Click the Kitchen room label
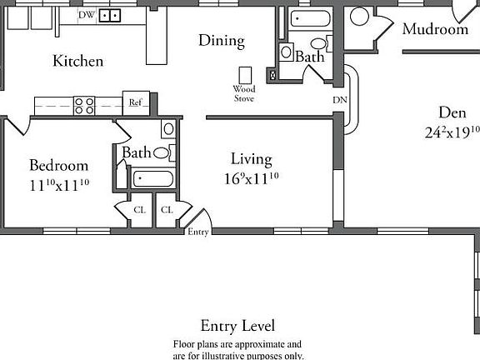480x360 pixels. pos(77,61)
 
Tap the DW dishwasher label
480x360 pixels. pos(87,15)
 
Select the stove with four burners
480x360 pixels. pos(84,105)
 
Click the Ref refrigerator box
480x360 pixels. pos(135,102)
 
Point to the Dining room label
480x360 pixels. pos(221,40)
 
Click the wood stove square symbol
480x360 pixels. pos(245,74)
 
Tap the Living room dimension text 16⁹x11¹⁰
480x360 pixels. pos(251,177)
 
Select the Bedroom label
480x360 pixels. pos(58,165)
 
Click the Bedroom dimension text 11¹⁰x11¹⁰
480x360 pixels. pos(58,185)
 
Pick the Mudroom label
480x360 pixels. pos(435,29)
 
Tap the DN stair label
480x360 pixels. pos(339,100)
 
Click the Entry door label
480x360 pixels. pos(198,232)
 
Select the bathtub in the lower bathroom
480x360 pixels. pos(152,177)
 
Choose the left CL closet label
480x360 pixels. pos(139,210)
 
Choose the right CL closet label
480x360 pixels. pos(166,210)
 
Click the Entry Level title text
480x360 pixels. pos(237,326)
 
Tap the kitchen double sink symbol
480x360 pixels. pos(110,15)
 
